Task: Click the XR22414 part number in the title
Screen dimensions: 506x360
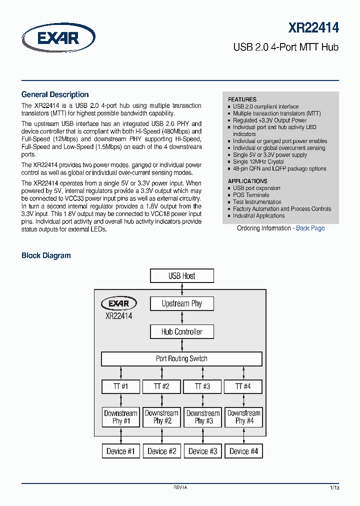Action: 313,27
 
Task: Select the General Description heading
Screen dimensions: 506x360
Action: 55,94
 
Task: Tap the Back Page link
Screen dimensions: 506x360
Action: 310,228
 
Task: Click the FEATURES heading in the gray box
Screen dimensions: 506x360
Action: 242,99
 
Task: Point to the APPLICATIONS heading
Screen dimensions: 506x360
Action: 247,181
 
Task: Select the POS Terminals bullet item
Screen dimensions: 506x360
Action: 250,195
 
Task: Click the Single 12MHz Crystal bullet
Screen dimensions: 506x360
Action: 258,161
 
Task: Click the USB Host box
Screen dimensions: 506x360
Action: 182,276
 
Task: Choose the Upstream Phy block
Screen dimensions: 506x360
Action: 182,303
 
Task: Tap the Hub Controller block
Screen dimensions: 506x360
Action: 182,331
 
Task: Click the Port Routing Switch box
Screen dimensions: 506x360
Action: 181,358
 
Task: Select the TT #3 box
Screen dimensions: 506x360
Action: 202,386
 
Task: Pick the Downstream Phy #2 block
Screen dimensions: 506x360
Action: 161,417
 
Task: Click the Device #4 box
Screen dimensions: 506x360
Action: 243,451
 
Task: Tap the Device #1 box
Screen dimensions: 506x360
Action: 120,451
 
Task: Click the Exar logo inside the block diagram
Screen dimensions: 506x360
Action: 118,303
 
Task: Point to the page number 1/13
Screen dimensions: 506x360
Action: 334,487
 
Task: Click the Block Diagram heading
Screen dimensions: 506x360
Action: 46,255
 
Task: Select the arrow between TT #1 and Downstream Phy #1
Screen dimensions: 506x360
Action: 120,400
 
